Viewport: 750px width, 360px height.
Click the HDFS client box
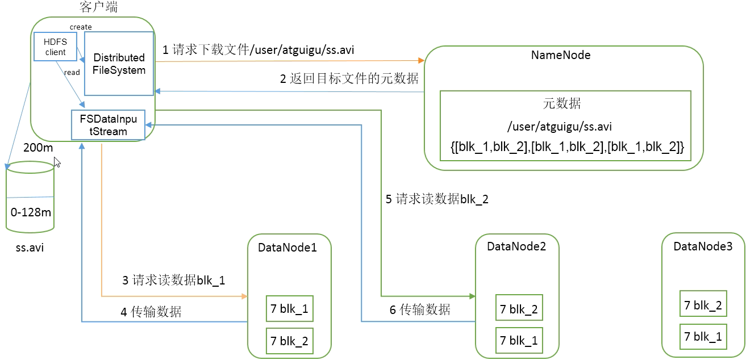(x=55, y=47)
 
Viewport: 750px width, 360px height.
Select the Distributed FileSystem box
(x=119, y=64)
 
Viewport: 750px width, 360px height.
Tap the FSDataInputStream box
(x=108, y=125)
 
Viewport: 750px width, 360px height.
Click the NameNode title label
(x=560, y=55)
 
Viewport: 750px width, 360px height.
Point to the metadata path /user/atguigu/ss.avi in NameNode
(x=560, y=127)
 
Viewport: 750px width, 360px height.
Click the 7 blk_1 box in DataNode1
(x=289, y=309)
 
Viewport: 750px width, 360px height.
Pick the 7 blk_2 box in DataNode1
(x=289, y=341)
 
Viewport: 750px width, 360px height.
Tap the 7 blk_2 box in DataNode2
(x=519, y=309)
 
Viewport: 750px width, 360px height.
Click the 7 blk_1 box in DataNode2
(x=519, y=341)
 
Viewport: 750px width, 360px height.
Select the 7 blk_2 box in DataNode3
(x=703, y=305)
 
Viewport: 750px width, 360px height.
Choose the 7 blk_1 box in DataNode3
(x=703, y=337)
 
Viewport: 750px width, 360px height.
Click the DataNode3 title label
(x=703, y=246)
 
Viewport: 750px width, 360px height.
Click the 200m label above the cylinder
(x=38, y=148)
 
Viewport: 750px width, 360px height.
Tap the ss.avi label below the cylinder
(x=30, y=249)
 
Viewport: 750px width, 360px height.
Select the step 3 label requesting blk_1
(x=174, y=279)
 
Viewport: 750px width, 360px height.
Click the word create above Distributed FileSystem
(x=81, y=27)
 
